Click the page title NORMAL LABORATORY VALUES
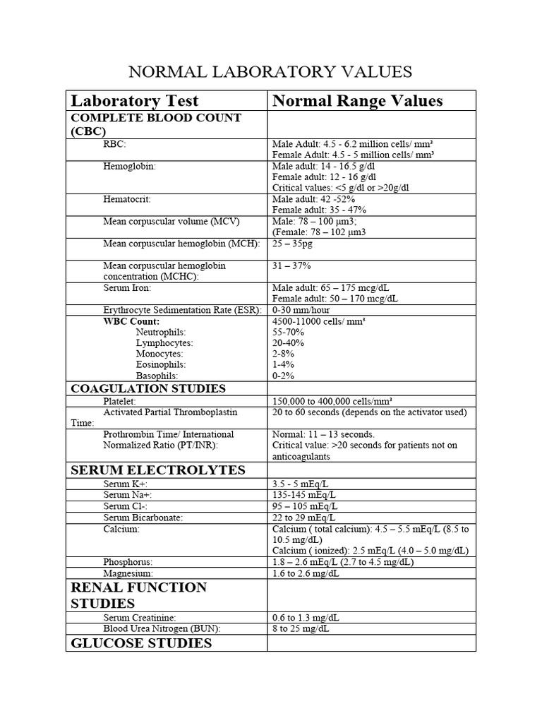(269, 72)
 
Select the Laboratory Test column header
(135, 101)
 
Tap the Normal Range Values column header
(357, 101)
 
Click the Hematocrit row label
(127, 200)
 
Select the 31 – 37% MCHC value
(291, 265)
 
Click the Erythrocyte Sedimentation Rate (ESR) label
(183, 310)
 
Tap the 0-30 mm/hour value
(301, 310)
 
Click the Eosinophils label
(161, 364)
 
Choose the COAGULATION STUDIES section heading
(148, 388)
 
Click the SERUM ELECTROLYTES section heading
(157, 470)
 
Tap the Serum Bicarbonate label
(143, 518)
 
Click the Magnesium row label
(128, 573)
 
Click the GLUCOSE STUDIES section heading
(141, 643)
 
